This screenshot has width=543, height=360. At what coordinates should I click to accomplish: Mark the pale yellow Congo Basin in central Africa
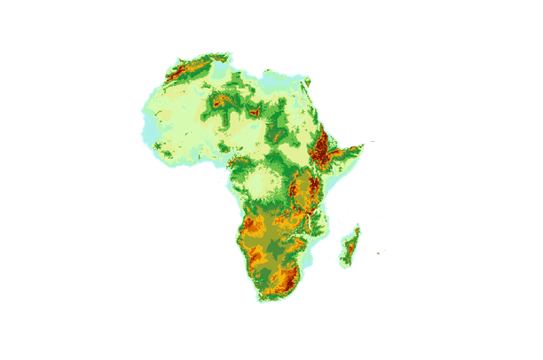(263, 183)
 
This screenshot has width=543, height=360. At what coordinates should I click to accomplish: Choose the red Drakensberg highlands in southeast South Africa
(289, 280)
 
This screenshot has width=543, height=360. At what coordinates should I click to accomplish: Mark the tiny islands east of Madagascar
(382, 252)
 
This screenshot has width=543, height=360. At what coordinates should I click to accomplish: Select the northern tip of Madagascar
(359, 225)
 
